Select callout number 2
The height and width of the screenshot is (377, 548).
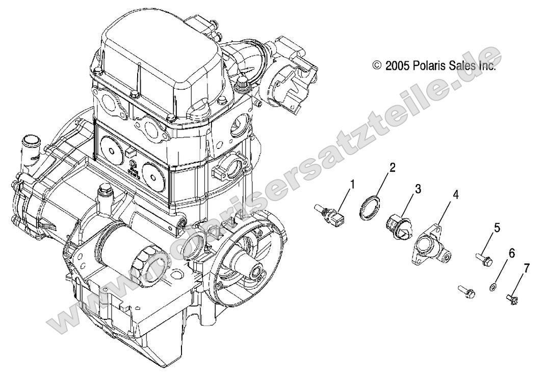tap(393, 167)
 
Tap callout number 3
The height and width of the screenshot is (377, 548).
tap(417, 189)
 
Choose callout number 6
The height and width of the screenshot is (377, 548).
tap(511, 253)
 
